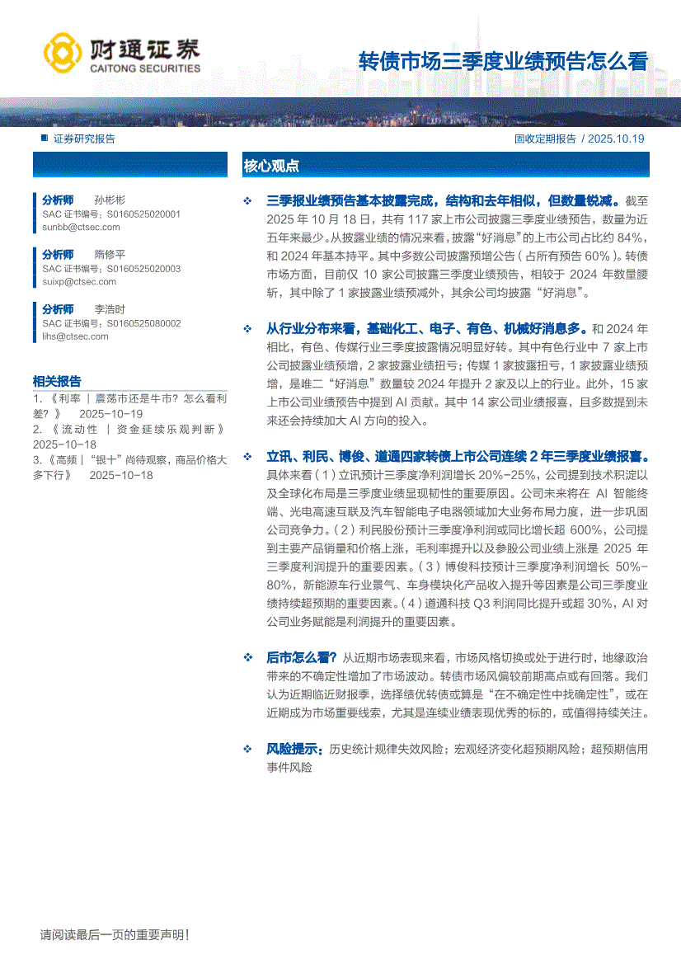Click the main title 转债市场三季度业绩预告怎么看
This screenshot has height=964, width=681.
click(503, 62)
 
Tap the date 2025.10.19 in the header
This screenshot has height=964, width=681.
click(617, 139)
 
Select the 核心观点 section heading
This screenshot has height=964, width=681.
click(271, 166)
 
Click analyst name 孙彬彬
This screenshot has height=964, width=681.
click(110, 200)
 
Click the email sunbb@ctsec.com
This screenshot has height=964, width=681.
click(75, 226)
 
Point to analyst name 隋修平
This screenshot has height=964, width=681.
click(110, 255)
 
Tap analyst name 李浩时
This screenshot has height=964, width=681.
click(110, 309)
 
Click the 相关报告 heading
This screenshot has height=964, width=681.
click(57, 381)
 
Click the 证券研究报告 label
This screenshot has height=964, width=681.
click(84, 139)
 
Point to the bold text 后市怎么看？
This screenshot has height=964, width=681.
click(301, 657)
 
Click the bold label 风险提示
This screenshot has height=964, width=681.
click(294, 750)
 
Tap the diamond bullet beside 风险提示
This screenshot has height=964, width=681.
click(247, 750)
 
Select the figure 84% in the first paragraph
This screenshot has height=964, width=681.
click(635, 237)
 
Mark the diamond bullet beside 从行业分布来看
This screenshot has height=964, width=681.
click(247, 329)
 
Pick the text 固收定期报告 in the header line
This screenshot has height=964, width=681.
click(545, 139)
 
